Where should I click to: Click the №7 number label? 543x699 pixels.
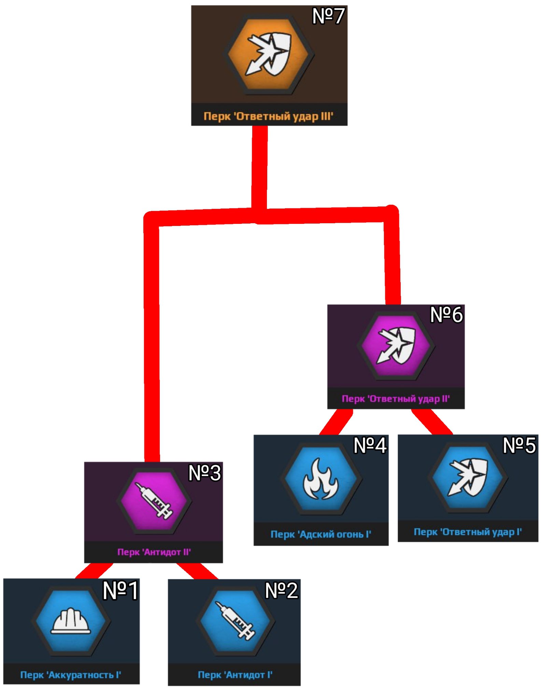[x=328, y=16]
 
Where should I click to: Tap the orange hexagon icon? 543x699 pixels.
[x=269, y=54]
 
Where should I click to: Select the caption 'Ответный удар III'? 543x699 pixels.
[x=269, y=116]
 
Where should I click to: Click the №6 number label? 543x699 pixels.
[x=446, y=314]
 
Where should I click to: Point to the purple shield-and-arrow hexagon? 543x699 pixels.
[x=396, y=345]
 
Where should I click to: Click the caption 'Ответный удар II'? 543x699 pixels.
[x=396, y=399]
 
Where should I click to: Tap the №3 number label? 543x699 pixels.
[x=204, y=473]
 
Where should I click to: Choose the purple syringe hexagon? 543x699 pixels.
[x=154, y=501]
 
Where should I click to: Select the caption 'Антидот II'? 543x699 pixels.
[x=154, y=552]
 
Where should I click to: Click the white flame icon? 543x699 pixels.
[x=321, y=479]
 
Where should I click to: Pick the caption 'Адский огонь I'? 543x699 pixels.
[x=321, y=534]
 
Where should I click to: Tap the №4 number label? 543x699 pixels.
[x=370, y=445]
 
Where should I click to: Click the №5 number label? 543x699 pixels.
[x=519, y=445]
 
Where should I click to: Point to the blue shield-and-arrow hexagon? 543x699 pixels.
[x=468, y=477]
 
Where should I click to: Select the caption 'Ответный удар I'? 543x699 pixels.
[x=468, y=532]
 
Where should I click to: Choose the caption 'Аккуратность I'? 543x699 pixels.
[x=71, y=675]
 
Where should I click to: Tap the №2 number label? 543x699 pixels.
[x=281, y=590]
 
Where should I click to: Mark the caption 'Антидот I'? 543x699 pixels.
[x=235, y=675]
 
